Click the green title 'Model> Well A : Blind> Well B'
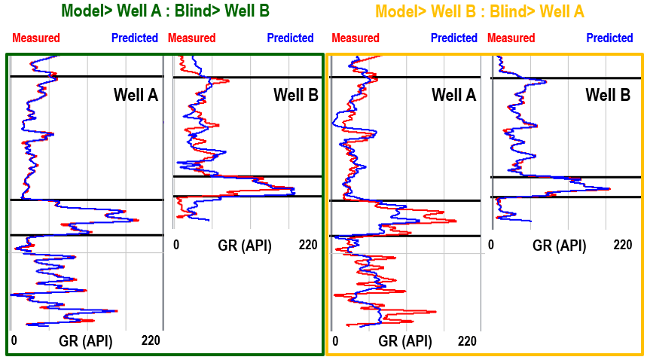coord(165,11)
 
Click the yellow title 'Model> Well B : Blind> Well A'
coord(480,11)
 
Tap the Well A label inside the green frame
coord(136,95)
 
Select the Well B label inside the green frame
coord(296,95)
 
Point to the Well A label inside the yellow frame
coord(454,95)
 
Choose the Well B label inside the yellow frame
coord(609,95)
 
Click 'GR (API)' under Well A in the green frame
coord(86,341)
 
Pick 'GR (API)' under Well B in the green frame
coord(245,245)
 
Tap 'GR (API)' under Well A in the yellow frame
coord(405,341)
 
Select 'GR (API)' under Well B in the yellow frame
coord(559,245)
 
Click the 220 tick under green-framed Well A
coord(151,341)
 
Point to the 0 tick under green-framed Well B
coord(176,245)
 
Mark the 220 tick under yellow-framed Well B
coord(623,245)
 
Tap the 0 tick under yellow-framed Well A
coord(335,341)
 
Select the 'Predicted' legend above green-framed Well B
coord(290,38)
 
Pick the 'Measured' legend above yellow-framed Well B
coord(511,38)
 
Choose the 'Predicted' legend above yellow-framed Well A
coord(454,38)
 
